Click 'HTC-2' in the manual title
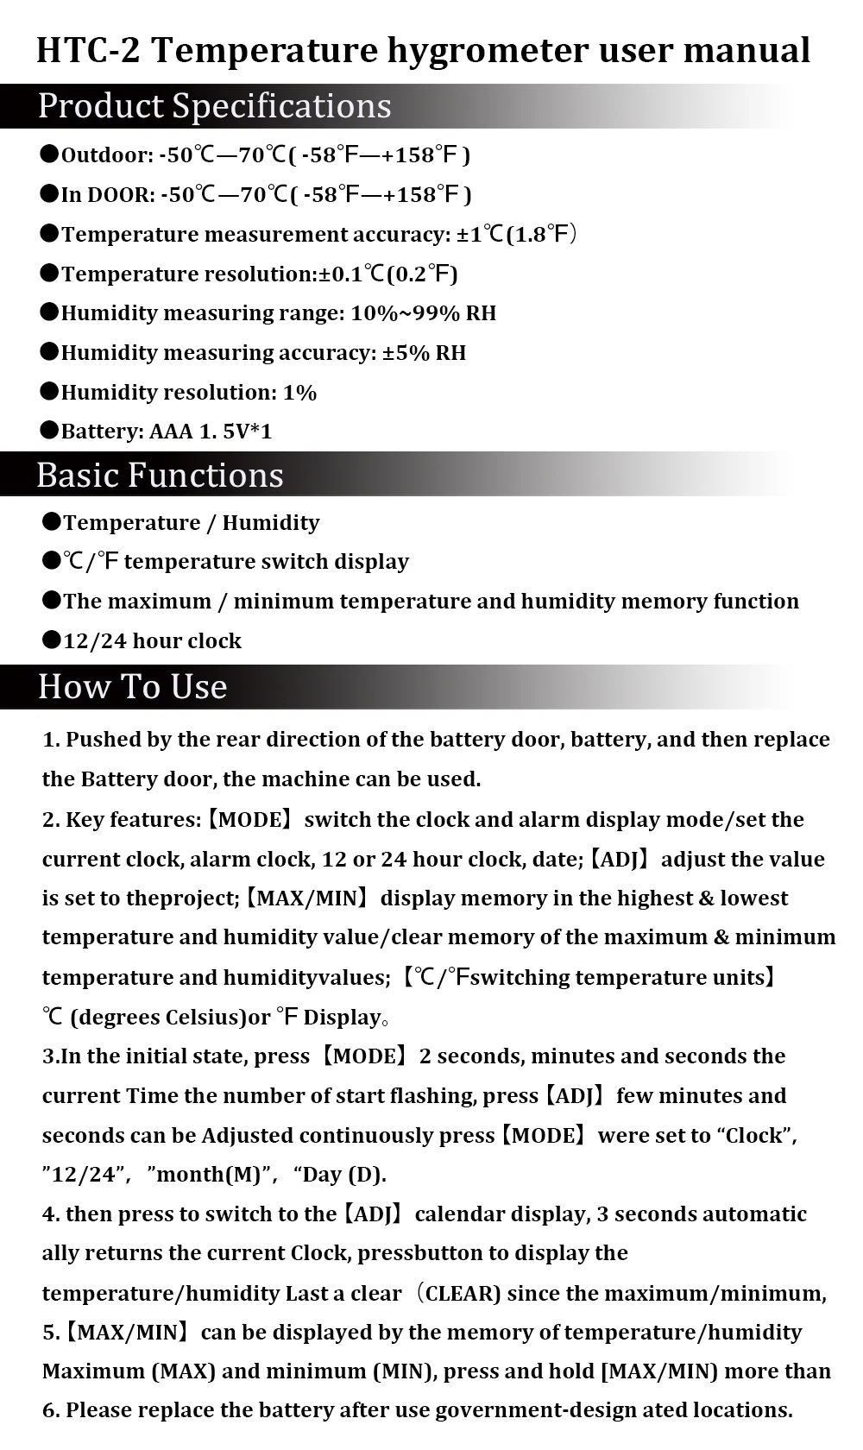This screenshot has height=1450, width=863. click(x=87, y=51)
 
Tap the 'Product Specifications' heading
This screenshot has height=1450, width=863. click(x=214, y=106)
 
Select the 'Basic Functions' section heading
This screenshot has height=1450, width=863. click(x=160, y=476)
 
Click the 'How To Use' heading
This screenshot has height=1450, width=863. click(x=132, y=687)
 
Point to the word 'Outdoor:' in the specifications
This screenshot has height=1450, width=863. click(x=107, y=155)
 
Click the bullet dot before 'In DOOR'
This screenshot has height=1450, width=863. click(x=49, y=193)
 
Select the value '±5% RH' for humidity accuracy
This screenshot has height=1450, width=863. click(x=424, y=353)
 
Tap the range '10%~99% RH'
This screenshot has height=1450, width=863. click(x=423, y=313)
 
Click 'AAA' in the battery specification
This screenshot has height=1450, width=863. click(x=171, y=432)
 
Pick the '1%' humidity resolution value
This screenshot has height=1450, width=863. click(x=299, y=393)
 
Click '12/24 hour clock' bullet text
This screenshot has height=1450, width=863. click(x=152, y=641)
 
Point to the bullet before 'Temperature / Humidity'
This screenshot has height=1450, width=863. click(x=51, y=521)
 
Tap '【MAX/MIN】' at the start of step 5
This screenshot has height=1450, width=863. click(x=126, y=1333)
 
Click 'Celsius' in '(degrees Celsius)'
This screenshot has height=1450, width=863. click(x=200, y=1018)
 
